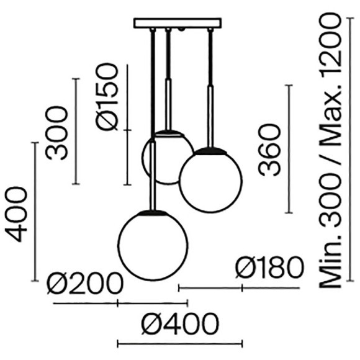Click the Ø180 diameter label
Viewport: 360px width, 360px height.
[x=269, y=268]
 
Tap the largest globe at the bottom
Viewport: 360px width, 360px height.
[x=149, y=243]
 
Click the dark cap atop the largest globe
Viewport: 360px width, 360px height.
[x=149, y=212]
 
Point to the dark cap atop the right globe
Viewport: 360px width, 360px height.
[x=210, y=151]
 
